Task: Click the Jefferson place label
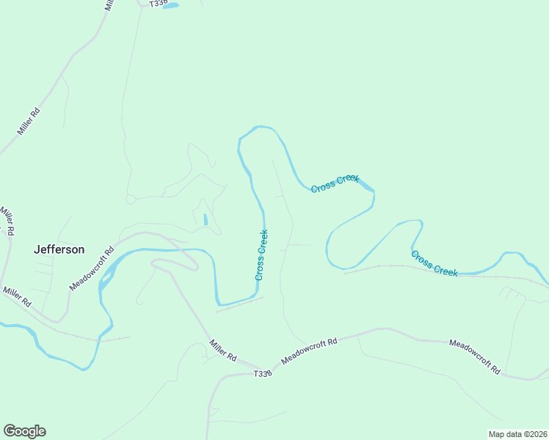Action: pyautogui.click(x=59, y=249)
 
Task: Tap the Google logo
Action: pyautogui.click(x=24, y=431)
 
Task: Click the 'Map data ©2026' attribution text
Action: pyautogui.click(x=517, y=433)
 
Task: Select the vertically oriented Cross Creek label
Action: pyautogui.click(x=261, y=254)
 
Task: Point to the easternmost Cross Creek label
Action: pyautogui.click(x=435, y=263)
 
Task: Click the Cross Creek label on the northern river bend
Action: pyautogui.click(x=335, y=183)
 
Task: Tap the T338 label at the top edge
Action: pyautogui.click(x=159, y=4)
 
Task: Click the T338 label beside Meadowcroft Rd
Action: pyautogui.click(x=263, y=373)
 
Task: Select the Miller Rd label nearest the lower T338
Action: pyautogui.click(x=222, y=349)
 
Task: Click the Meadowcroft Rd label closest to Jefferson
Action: pyautogui.click(x=92, y=268)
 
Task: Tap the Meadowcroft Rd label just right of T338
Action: pyautogui.click(x=309, y=352)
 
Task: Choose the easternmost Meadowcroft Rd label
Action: pyautogui.click(x=474, y=355)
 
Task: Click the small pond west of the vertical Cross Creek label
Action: pyautogui.click(x=206, y=219)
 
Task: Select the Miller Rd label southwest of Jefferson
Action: pyautogui.click(x=17, y=296)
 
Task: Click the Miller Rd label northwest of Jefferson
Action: pyautogui.click(x=8, y=221)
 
